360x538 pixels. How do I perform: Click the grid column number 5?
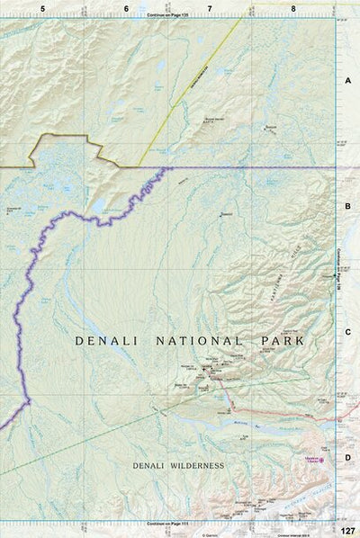(42, 8)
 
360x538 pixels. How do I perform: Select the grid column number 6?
(126, 8)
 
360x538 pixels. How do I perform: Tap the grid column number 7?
(210, 8)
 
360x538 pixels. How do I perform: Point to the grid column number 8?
(293, 8)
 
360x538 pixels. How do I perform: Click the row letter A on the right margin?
(346, 81)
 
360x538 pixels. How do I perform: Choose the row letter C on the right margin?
(346, 332)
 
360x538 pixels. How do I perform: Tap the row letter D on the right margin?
(346, 457)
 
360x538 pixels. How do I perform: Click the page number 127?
(347, 530)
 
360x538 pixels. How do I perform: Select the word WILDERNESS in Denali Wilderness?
(195, 465)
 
